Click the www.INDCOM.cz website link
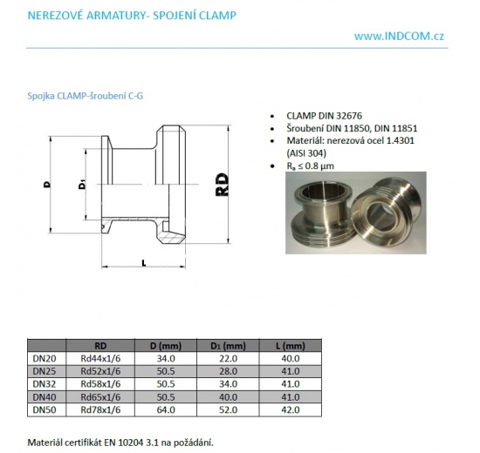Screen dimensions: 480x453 [401, 36]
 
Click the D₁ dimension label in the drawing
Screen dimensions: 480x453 [80, 185]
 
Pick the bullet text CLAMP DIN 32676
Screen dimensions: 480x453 [328, 116]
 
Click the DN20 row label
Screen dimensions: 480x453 [45, 358]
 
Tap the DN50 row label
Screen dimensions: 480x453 [45, 409]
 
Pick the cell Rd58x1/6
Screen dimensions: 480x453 [100, 383]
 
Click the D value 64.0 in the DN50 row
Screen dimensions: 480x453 [165, 409]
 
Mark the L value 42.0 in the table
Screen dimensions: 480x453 [290, 409]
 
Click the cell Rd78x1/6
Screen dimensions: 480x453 [100, 409]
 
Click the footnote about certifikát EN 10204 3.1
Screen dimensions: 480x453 [120, 442]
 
